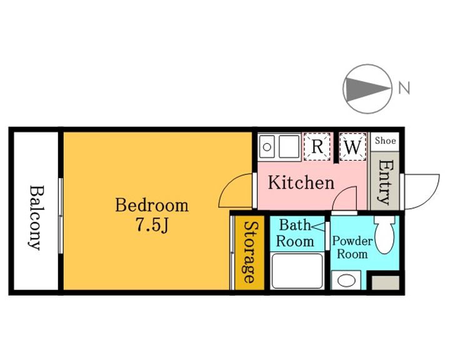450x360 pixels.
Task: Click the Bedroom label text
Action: pos(152,205)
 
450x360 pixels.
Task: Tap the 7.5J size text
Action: pos(151,225)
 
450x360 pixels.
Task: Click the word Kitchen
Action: pos(301,182)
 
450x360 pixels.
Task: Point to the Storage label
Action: pos(250,252)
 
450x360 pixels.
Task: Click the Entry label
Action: pos(385,182)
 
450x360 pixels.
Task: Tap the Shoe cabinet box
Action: pos(385,141)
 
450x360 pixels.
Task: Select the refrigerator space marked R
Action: pos(317,146)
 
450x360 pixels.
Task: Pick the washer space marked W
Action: pos(352,147)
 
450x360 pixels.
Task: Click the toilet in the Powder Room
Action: pos(384,234)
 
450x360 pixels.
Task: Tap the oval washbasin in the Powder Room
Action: pos(346,280)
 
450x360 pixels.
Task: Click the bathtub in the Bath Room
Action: pos(297,271)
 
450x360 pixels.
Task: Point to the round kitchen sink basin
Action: pos(267,147)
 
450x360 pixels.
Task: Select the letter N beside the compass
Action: pos(404,88)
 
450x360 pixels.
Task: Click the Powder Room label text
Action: pos(352,247)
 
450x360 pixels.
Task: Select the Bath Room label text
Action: pos(295,233)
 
